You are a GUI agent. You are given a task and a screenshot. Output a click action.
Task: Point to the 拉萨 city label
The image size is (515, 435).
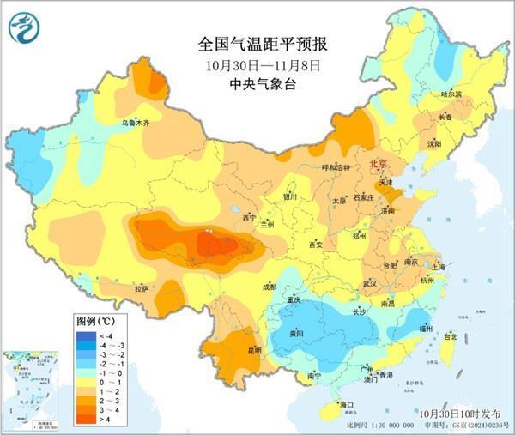point(142,289)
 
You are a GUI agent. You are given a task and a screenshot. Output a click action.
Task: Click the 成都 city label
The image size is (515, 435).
point(269,287)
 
